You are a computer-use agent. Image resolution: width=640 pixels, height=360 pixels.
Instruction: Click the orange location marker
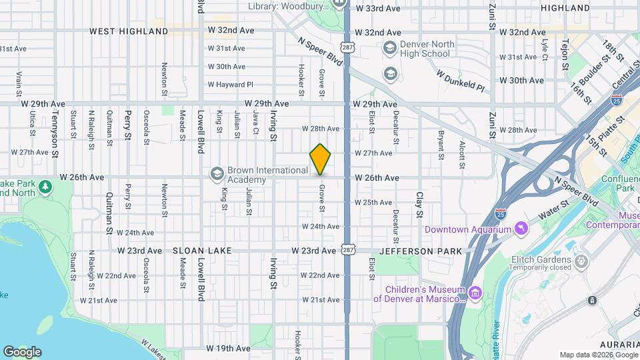click(321, 159)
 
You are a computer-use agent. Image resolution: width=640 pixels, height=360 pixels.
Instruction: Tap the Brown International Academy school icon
click(217, 174)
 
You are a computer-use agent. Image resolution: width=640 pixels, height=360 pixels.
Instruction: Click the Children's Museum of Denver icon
click(475, 292)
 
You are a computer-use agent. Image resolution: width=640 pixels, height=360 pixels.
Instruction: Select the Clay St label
click(420, 205)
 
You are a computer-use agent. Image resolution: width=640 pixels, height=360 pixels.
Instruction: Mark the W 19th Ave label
click(228, 348)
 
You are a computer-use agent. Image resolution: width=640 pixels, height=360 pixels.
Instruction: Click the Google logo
click(22, 351)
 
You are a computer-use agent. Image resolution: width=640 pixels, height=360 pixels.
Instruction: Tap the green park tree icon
click(45, 185)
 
